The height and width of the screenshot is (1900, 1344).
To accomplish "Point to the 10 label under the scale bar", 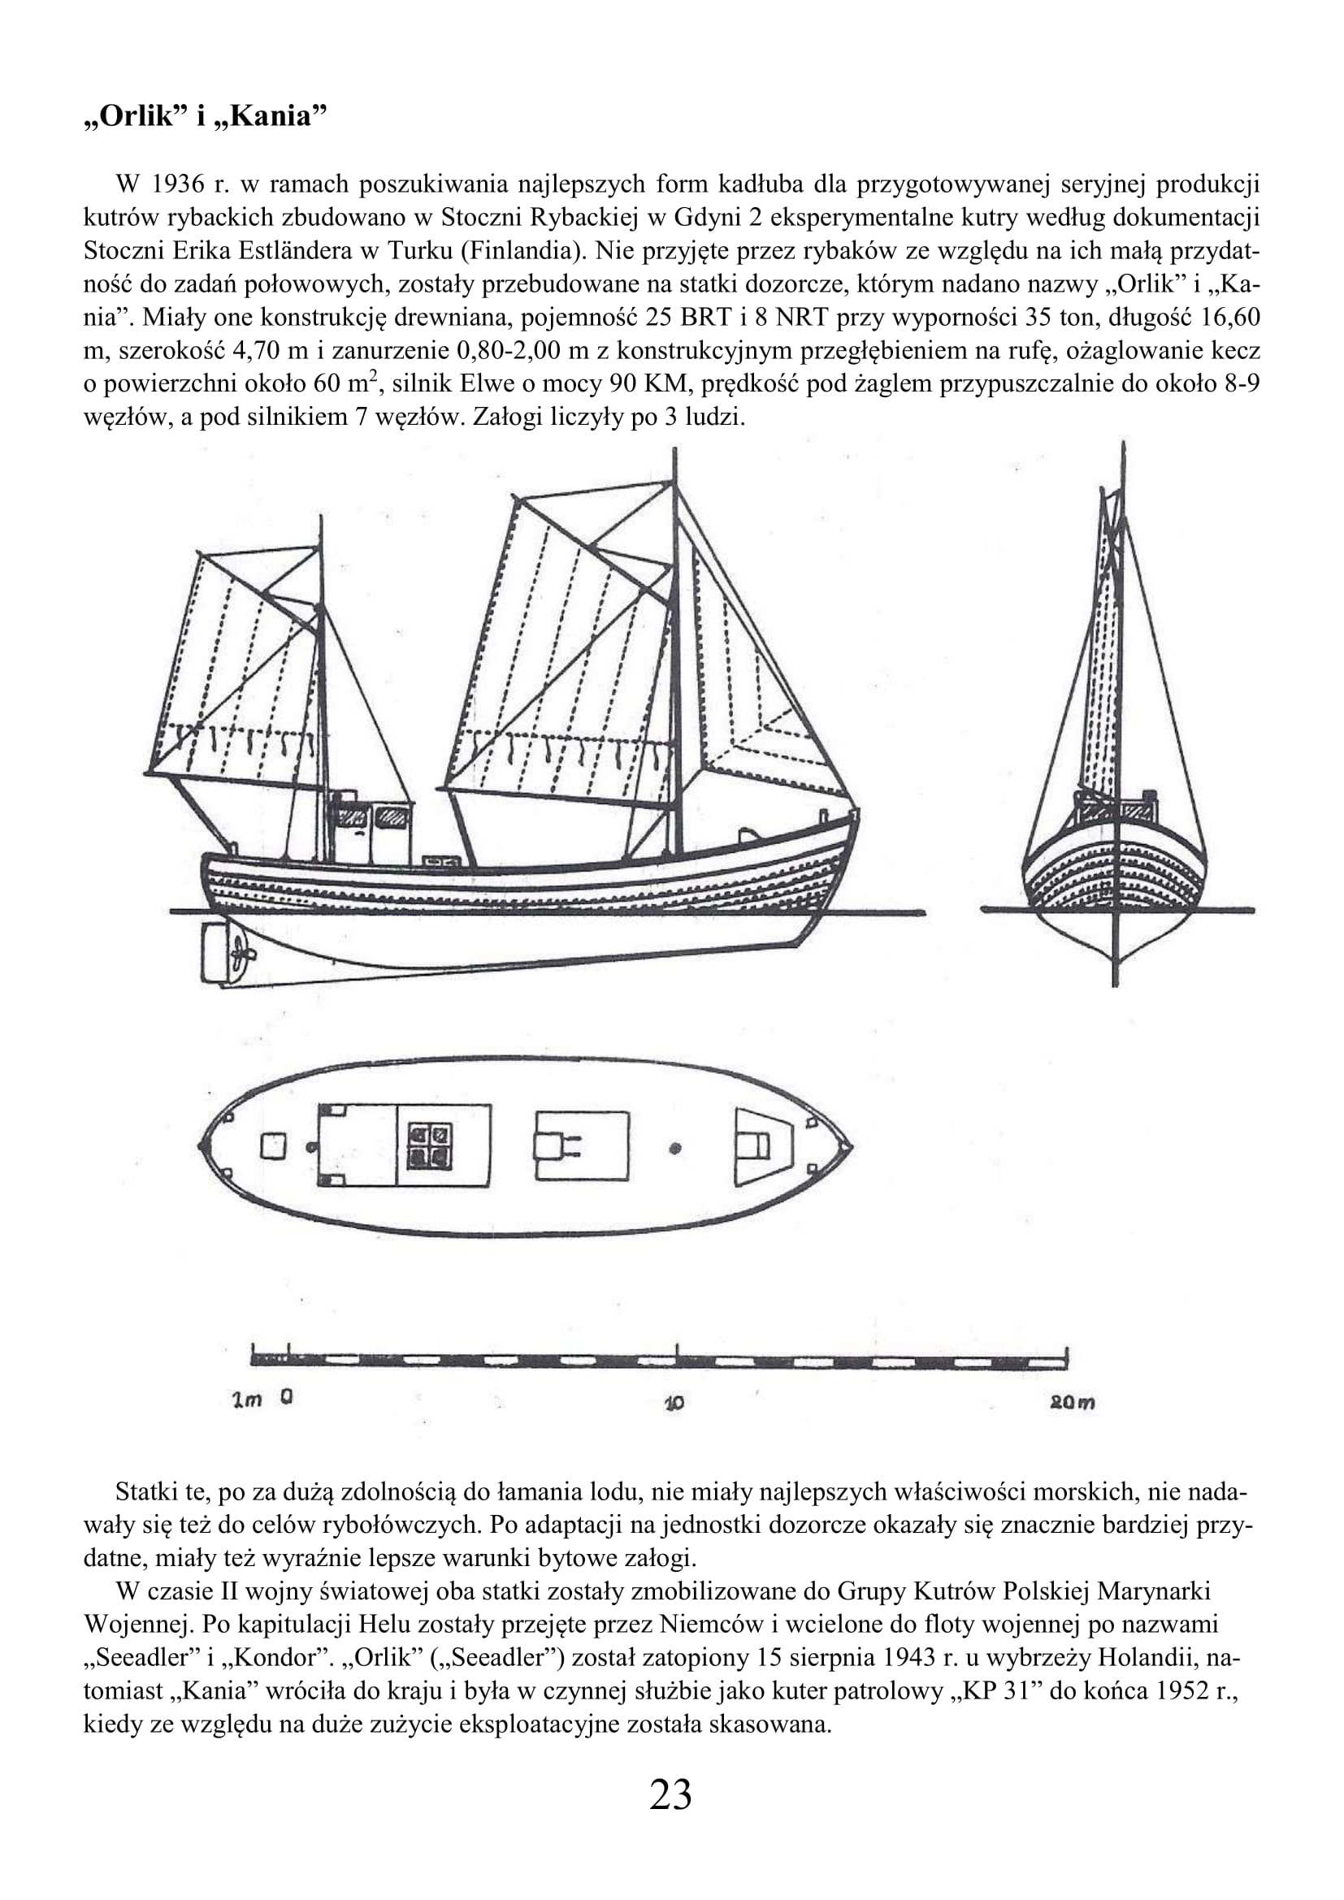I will point(674,1403).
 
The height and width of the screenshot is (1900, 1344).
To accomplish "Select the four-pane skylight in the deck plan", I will point(430,1145).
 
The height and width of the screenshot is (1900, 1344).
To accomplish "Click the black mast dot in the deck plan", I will point(675,1149).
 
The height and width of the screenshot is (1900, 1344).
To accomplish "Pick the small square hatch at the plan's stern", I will point(273,1146).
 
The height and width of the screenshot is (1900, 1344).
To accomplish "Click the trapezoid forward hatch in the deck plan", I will point(762,1146).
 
